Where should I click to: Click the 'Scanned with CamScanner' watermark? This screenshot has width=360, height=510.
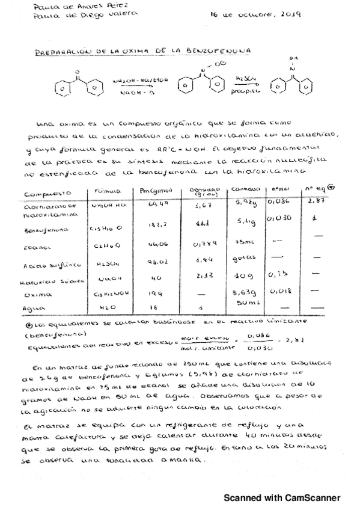282,498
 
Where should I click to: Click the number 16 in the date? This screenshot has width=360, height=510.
215,14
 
